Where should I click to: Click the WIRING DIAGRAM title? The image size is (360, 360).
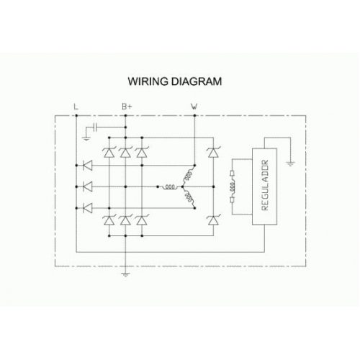point(175,81)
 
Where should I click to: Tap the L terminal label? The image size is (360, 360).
point(76,107)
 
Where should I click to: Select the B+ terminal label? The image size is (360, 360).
point(127,107)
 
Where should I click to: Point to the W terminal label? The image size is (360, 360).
point(194,107)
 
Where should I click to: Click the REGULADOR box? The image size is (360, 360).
point(264,186)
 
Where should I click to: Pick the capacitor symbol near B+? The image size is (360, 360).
point(95,127)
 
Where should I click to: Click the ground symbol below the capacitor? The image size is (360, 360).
point(86,138)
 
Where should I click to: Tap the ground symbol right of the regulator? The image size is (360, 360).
point(290,164)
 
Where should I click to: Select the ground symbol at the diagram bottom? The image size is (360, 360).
point(125,274)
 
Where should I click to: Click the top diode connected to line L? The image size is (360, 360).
point(87,166)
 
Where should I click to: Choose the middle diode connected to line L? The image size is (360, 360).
point(87,186)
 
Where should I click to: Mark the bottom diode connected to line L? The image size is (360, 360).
point(87,208)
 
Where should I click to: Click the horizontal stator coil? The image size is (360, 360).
point(169,187)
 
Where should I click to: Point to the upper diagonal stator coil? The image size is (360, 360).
point(188,175)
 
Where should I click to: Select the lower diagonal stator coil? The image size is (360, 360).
point(189,198)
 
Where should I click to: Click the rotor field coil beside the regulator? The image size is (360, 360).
point(232,186)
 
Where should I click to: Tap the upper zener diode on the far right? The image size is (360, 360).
point(213,153)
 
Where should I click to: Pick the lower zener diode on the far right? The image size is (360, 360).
point(213,220)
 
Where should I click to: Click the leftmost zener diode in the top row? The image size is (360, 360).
point(109,153)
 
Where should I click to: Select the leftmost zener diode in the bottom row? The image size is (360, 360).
point(109,220)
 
